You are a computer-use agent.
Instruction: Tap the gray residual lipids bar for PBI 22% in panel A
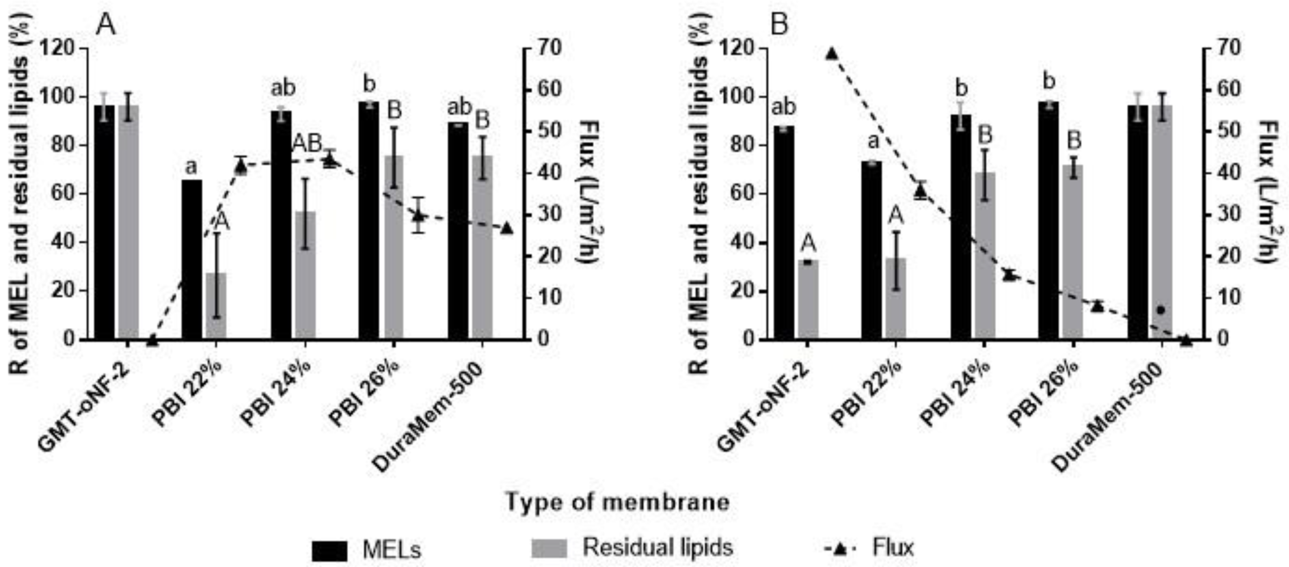tap(216, 305)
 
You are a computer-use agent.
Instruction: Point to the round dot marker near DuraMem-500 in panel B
tap(1161, 310)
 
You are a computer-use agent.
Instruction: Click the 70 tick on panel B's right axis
tap(1220, 48)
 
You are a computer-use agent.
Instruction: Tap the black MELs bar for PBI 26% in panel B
tap(1048, 220)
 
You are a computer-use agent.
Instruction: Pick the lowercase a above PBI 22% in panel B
tap(873, 142)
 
